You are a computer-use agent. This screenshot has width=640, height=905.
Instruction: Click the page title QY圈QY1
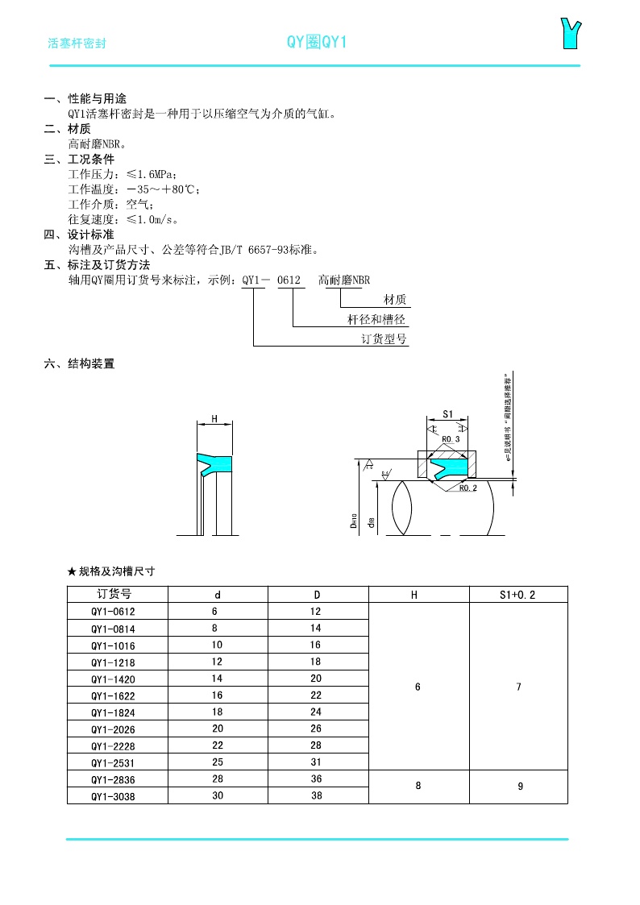tap(317, 43)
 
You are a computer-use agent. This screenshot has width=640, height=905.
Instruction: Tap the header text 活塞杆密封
tap(77, 44)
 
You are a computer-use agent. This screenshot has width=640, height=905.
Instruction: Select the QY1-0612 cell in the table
tap(118, 612)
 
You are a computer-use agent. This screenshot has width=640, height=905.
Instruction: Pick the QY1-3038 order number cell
tap(118, 795)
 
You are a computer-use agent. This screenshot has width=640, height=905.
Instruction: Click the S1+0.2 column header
tap(518, 595)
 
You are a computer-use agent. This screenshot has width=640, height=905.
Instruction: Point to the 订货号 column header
tap(118, 595)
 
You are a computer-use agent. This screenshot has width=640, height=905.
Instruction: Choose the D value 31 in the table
tap(316, 762)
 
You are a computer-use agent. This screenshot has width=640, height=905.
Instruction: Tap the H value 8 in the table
tap(418, 787)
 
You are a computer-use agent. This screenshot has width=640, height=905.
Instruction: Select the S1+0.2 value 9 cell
tap(520, 787)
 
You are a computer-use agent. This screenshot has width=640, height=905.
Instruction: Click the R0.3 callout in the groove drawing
tap(451, 439)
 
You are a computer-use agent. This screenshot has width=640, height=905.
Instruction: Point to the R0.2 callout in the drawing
tap(468, 488)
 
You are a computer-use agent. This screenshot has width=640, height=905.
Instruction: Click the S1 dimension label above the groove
tap(449, 415)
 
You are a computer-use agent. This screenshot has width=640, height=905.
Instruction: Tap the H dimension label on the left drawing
tap(214, 419)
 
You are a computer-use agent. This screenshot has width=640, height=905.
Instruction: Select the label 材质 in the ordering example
tap(395, 300)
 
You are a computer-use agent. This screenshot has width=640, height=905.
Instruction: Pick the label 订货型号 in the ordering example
tap(384, 339)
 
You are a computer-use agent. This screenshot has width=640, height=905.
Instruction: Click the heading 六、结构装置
tap(79, 364)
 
